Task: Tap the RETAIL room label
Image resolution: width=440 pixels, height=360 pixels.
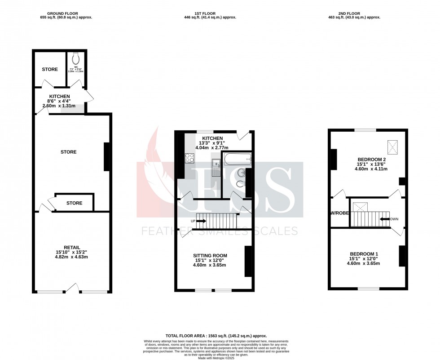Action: coord(72,247)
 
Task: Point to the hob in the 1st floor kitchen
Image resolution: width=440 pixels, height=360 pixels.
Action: coord(189,158)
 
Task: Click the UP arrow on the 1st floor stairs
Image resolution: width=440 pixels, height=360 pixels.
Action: coord(200,221)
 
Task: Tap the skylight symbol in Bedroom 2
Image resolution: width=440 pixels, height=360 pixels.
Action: coord(393,146)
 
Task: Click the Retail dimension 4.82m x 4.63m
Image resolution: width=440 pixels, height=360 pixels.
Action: coord(72,257)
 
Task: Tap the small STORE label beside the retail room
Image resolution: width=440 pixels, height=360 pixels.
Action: coord(74,203)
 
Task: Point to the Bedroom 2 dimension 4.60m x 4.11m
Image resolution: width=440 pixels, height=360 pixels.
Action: coord(372,169)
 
